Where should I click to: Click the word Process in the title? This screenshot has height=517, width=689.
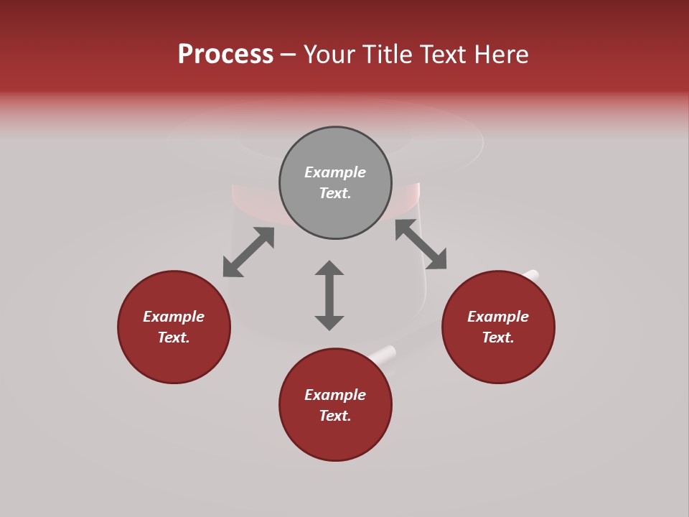[x=225, y=55]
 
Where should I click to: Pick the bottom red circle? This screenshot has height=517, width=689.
[x=335, y=438]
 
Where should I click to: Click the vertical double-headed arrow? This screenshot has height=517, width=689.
[x=329, y=295]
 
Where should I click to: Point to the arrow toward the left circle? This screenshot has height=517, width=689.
[x=248, y=252]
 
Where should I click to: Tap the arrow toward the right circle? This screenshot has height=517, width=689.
[x=421, y=244]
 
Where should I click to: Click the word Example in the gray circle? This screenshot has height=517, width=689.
[x=335, y=172]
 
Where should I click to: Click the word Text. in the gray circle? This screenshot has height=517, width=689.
[x=335, y=193]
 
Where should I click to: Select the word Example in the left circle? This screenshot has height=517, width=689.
[x=174, y=317]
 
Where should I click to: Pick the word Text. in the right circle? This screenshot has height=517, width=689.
[x=498, y=337]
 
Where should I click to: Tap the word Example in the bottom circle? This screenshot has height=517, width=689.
[x=335, y=395]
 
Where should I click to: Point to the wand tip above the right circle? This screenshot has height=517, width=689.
[x=530, y=274]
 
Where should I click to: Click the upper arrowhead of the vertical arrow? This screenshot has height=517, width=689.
[x=329, y=268]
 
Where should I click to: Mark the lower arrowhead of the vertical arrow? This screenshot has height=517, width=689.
[x=329, y=322]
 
